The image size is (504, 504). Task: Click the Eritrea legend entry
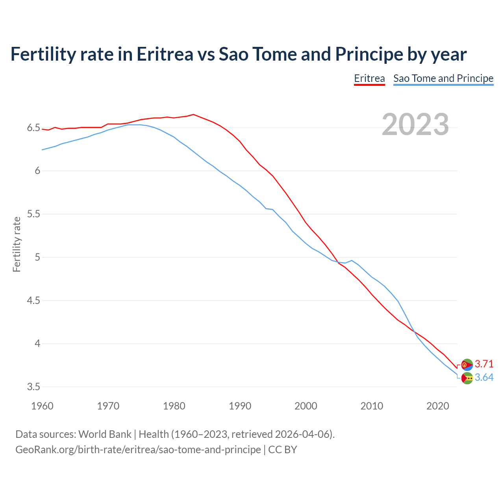click(369, 78)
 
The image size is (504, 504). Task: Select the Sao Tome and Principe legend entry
click(443, 78)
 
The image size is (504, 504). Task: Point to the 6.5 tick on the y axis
click(33, 128)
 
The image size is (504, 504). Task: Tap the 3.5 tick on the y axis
click(33, 387)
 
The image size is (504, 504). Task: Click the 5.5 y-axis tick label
click(33, 214)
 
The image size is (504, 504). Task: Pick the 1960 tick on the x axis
click(42, 406)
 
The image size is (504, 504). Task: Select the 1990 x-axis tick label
click(240, 406)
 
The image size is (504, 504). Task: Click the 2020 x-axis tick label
click(437, 406)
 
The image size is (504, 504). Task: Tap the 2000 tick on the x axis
click(306, 406)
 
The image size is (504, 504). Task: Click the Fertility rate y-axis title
click(17, 244)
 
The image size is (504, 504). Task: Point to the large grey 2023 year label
click(415, 124)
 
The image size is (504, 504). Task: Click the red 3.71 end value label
click(484, 364)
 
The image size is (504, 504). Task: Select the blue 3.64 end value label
click(484, 377)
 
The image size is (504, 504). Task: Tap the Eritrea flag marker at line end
click(467, 365)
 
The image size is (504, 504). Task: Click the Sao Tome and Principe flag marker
click(467, 378)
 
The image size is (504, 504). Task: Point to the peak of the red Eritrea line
click(193, 114)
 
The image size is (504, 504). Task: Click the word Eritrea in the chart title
click(165, 54)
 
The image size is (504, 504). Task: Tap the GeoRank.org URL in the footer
click(138, 449)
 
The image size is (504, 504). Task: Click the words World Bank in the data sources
click(105, 434)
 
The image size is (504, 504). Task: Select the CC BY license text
click(283, 449)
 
